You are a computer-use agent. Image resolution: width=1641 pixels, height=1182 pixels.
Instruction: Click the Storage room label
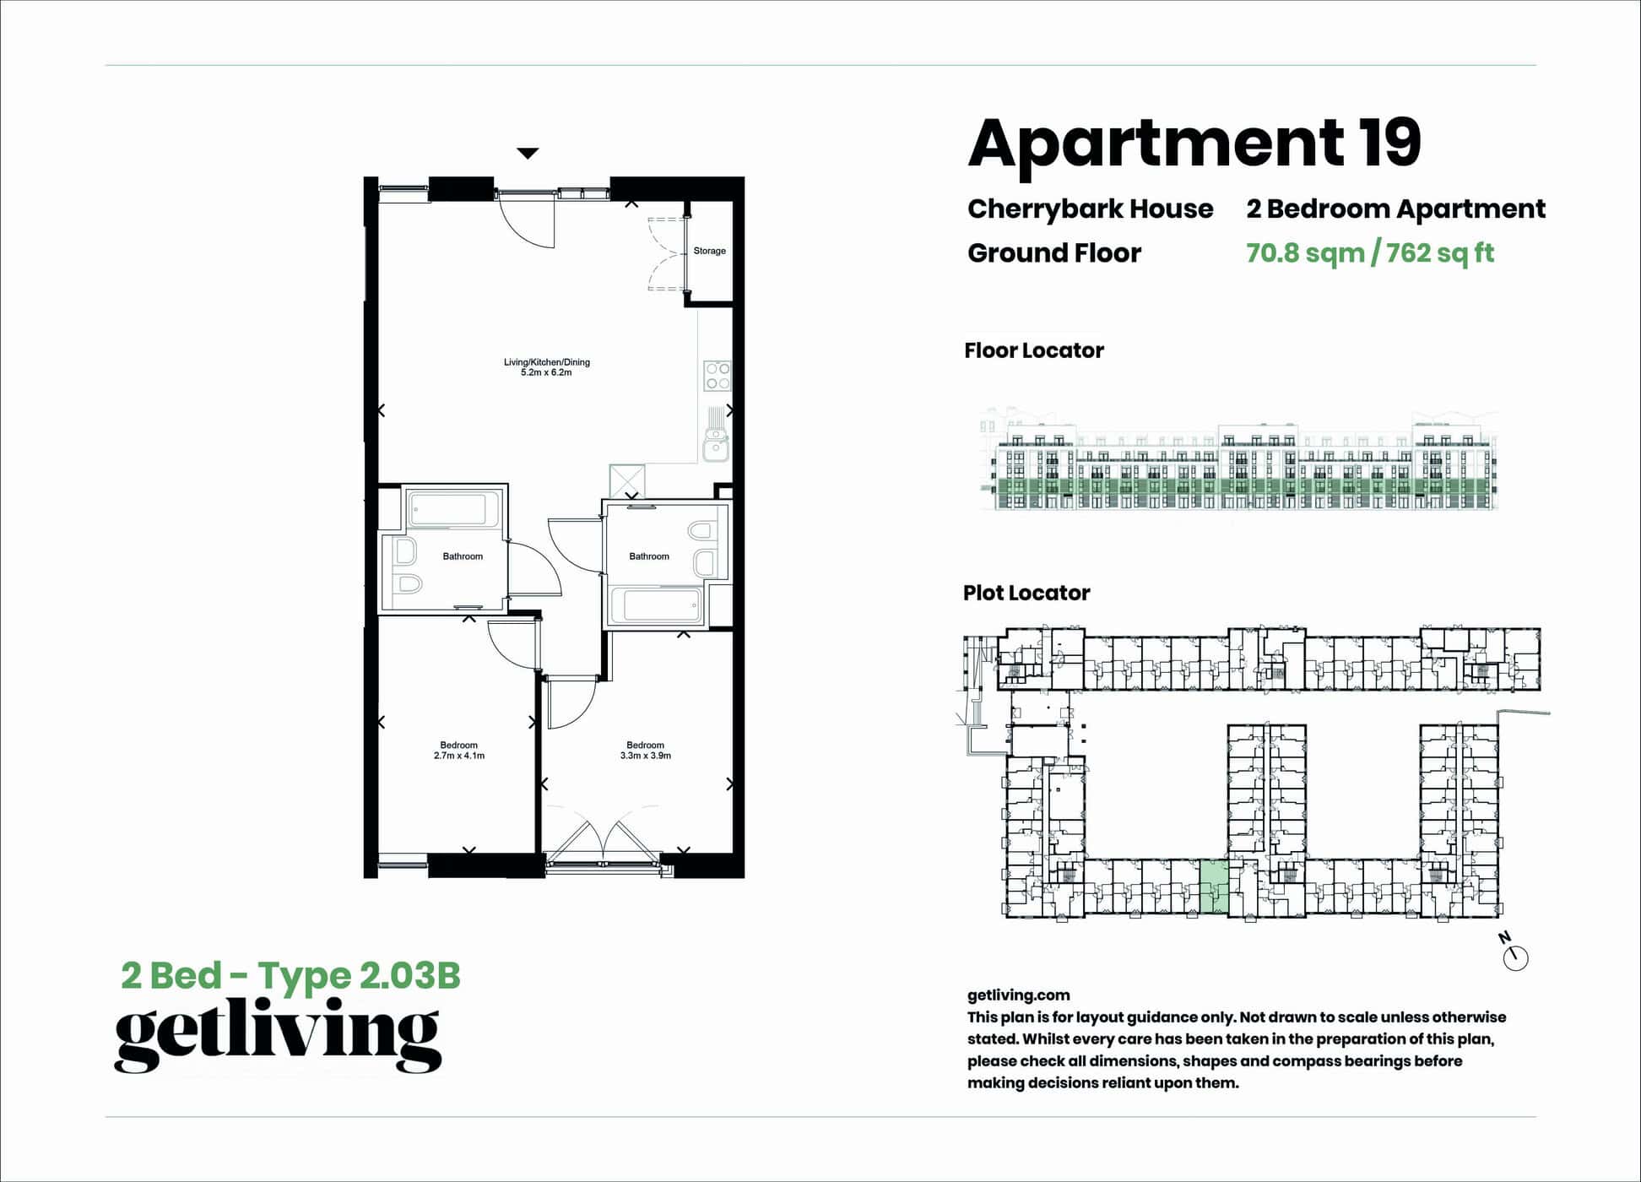pyautogui.click(x=709, y=251)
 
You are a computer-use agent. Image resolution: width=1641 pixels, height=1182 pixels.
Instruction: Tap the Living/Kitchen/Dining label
pyautogui.click(x=547, y=362)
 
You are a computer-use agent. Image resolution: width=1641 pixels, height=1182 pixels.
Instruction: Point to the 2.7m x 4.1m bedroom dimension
pyautogui.click(x=459, y=756)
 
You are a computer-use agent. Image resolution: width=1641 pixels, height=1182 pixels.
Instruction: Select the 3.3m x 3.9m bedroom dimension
pyautogui.click(x=646, y=756)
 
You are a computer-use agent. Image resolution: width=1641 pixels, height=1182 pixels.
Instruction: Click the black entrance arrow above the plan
pyautogui.click(x=528, y=154)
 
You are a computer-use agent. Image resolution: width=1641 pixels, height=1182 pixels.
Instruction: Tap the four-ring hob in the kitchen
pyautogui.click(x=718, y=376)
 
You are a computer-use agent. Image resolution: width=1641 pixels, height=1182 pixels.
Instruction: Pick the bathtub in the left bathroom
pyautogui.click(x=447, y=510)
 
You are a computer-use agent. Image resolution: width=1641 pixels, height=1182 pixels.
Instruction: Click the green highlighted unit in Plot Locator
pyautogui.click(x=1214, y=887)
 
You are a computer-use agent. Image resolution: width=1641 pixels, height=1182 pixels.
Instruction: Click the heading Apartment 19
pyautogui.click(x=1194, y=143)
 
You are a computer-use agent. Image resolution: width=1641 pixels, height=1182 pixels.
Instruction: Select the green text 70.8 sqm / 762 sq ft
pyautogui.click(x=1370, y=253)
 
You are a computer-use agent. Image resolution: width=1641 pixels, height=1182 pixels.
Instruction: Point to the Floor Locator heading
pyautogui.click(x=1034, y=350)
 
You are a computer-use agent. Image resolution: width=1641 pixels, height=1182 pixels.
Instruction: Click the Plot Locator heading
pyautogui.click(x=1026, y=593)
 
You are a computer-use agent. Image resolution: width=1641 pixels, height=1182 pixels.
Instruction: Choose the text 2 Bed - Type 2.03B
pyautogui.click(x=291, y=976)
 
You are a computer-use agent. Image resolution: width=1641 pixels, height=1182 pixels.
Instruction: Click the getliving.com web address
pyautogui.click(x=1019, y=995)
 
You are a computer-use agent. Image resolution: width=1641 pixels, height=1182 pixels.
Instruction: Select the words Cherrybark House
pyautogui.click(x=1090, y=209)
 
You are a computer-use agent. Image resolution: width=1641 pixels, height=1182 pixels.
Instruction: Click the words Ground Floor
pyautogui.click(x=1054, y=252)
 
